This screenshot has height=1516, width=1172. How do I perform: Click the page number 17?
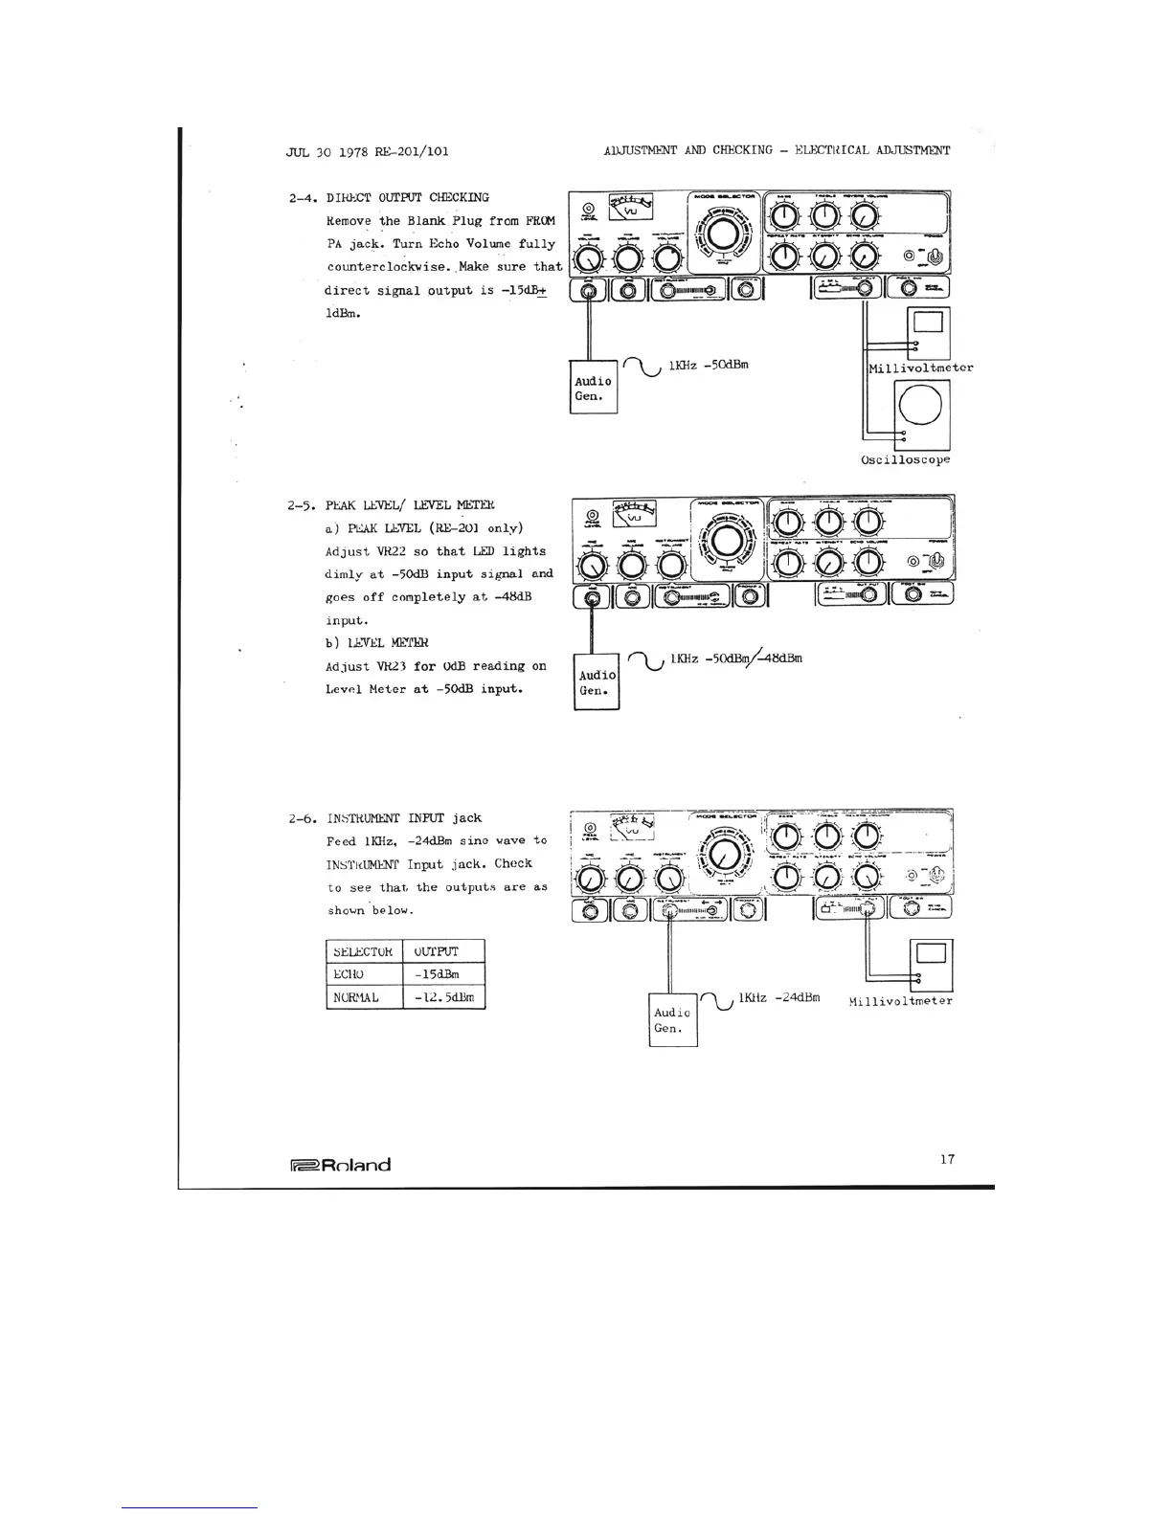coord(947,1159)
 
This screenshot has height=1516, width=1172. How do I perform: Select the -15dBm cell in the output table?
coord(444,974)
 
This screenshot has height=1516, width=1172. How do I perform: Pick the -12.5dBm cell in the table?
coord(444,997)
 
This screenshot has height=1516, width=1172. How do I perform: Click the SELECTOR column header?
coord(361,951)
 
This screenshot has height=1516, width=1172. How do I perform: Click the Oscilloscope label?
coord(906,459)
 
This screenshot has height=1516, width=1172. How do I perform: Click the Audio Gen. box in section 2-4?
coord(594,388)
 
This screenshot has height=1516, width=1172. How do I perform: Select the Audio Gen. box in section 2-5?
coord(597,682)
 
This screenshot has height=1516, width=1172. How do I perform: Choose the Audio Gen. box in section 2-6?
coord(672,1020)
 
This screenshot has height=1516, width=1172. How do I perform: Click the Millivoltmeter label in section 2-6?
coord(900,1001)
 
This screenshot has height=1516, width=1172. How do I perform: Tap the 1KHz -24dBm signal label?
coord(778,997)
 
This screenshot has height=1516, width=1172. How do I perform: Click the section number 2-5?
coord(302,505)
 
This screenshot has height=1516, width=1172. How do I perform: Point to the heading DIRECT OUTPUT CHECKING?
coord(408,197)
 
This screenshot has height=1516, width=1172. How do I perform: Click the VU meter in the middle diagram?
coord(632,514)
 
